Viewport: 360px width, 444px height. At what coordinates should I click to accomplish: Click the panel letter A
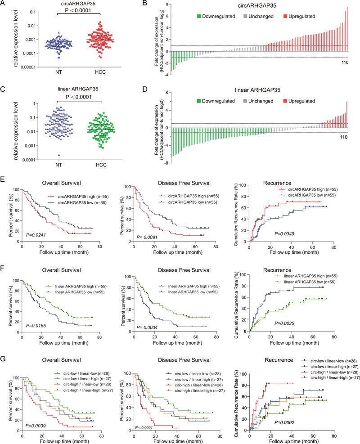(x=4, y=5)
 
